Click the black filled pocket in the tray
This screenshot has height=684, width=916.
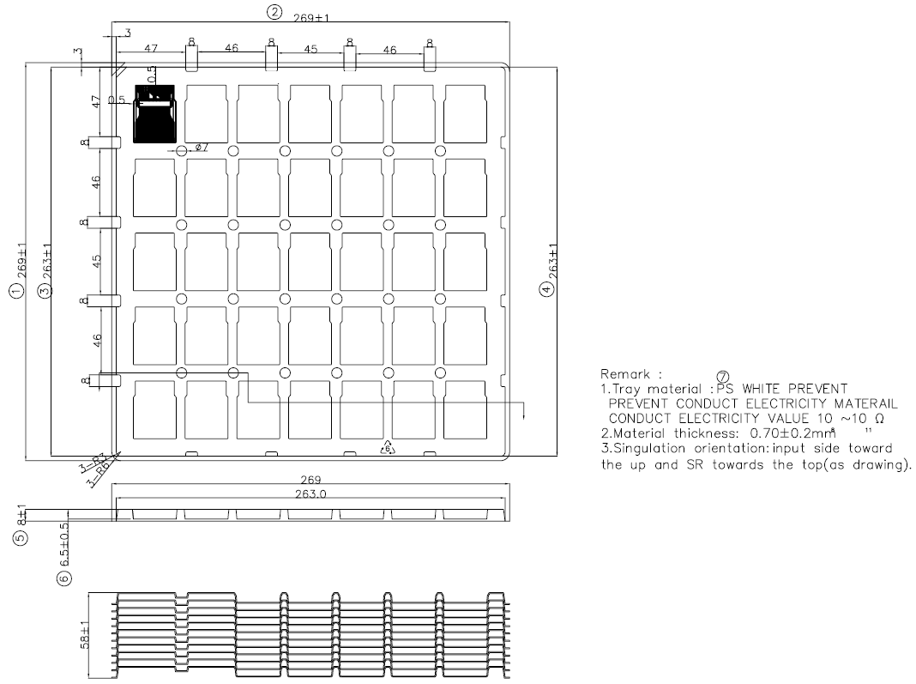pyautogui.click(x=155, y=113)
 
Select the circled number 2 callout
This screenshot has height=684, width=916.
pyautogui.click(x=274, y=12)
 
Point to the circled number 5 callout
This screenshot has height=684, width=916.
pyautogui.click(x=21, y=539)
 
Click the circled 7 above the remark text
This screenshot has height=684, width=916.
pyautogui.click(x=721, y=377)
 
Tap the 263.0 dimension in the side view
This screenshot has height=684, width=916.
pyautogui.click(x=310, y=493)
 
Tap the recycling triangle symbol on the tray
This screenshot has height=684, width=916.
pyautogui.click(x=387, y=448)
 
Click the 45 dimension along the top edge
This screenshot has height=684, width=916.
pyautogui.click(x=310, y=50)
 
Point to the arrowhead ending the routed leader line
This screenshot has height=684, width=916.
pyautogui.click(x=523, y=416)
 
